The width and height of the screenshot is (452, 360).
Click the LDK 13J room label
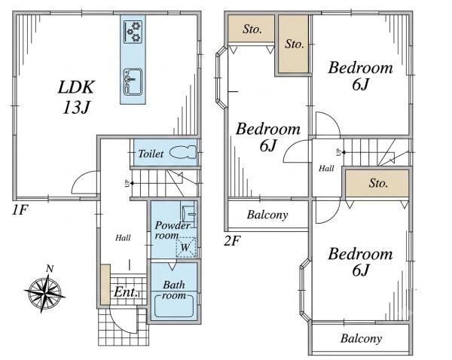76,97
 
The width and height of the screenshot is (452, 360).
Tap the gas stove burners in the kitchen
133,32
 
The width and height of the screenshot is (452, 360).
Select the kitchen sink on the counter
133,82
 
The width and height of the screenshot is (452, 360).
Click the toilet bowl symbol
182,152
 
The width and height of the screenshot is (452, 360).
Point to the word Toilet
151,154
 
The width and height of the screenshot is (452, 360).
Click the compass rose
44,291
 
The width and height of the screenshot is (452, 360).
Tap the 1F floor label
20,210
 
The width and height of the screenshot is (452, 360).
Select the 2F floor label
232,241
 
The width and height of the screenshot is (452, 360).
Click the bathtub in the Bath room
174,305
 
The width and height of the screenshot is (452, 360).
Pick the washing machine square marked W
186,247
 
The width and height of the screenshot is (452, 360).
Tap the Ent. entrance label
126,292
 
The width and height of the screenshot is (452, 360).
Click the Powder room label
173,230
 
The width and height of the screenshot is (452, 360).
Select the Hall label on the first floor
123,238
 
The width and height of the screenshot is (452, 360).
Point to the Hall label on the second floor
326,168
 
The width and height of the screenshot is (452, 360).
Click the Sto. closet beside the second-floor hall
377,183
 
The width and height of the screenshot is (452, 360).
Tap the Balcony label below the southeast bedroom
361,339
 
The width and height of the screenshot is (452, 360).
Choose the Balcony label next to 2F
267,215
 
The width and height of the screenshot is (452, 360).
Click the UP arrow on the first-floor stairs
129,183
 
